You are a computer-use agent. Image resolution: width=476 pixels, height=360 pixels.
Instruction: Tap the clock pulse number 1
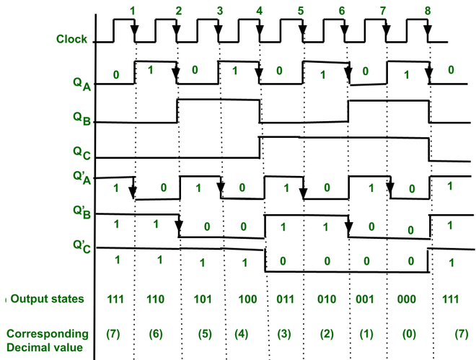[133, 10]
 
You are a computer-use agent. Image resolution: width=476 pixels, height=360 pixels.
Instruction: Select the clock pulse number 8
[428, 11]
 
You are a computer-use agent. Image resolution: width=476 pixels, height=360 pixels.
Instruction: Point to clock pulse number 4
[259, 11]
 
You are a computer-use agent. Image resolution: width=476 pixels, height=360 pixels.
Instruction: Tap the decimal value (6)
[156, 334]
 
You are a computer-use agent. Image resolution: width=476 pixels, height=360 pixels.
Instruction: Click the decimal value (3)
[284, 334]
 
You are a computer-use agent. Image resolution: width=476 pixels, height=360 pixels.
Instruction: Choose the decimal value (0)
[410, 334]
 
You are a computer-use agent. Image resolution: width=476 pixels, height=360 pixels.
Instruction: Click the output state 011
[284, 299]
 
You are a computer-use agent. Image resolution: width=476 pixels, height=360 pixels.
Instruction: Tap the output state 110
[156, 299]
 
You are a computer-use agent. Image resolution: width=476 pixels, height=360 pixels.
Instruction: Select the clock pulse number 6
[341, 11]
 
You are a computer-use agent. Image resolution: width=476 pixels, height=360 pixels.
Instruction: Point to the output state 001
[368, 299]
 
